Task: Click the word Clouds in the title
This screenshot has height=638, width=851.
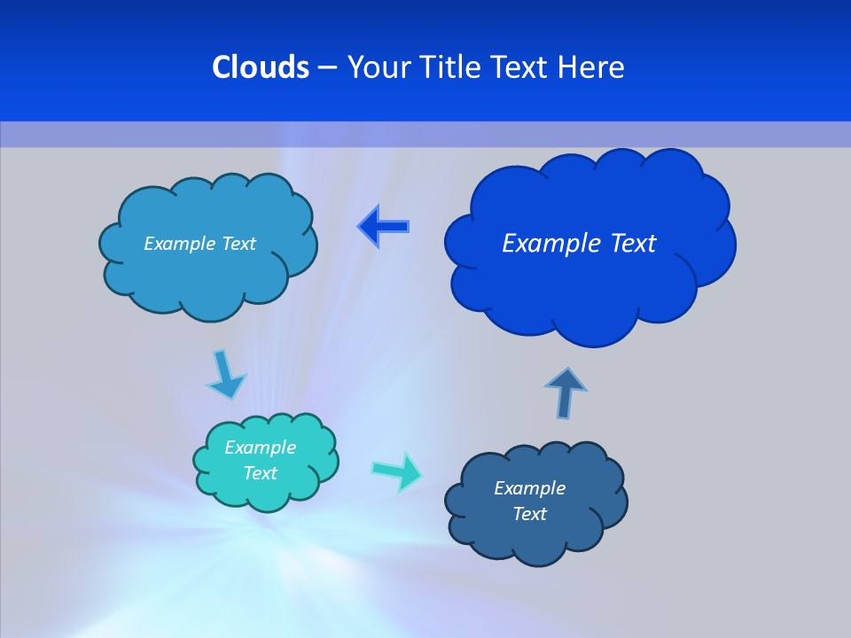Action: coord(261,67)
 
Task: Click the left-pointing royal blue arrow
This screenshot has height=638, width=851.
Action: coord(384,227)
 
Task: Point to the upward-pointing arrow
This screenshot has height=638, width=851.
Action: coord(565,391)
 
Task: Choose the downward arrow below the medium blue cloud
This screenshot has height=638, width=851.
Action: coord(226,374)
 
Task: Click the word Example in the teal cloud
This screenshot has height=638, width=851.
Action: coord(260,447)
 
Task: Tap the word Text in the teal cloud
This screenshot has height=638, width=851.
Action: coord(260,473)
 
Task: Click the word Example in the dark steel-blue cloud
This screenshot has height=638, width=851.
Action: coord(529,488)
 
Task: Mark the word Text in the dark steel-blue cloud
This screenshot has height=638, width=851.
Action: coord(529,514)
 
